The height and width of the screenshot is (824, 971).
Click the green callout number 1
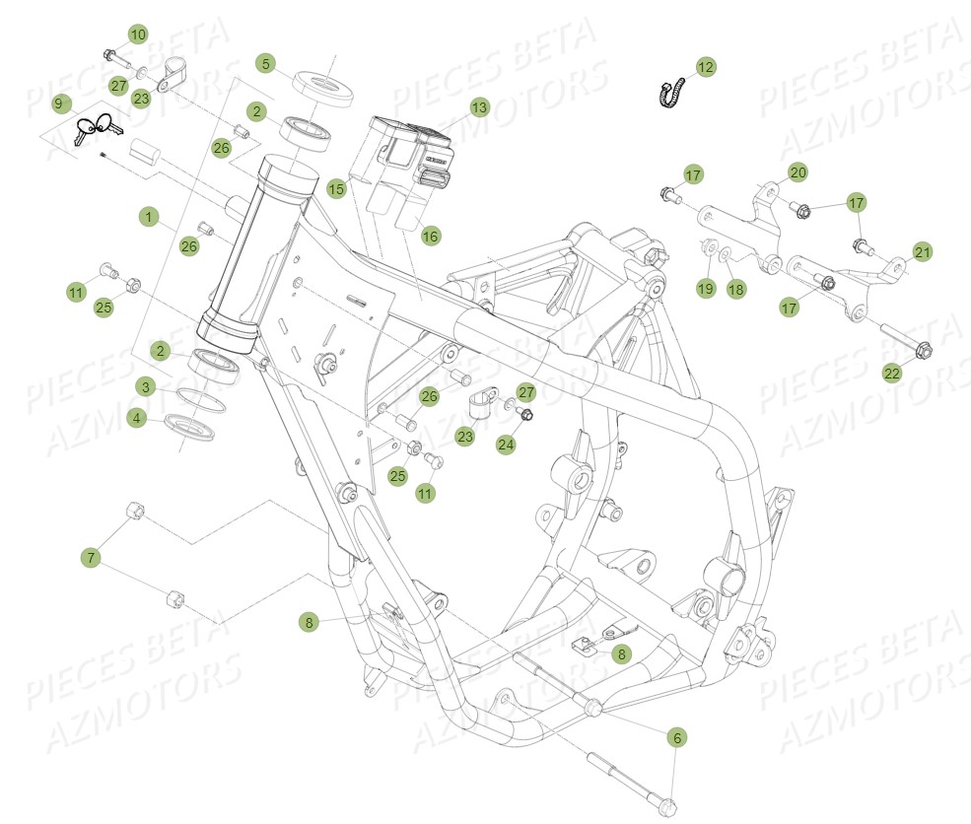point(149,216)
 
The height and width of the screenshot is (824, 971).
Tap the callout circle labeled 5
point(264,63)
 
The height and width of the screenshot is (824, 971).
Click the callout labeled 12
point(705,67)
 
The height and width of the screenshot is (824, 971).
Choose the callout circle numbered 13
point(478,106)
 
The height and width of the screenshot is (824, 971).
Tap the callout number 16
point(430,236)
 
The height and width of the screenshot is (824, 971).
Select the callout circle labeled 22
point(891,373)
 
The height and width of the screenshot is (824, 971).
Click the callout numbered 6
point(675,736)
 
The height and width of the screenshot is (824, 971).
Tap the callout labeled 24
point(506,445)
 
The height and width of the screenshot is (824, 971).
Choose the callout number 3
point(145,386)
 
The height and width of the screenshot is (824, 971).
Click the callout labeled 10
point(137,34)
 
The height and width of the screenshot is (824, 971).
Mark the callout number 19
point(706,288)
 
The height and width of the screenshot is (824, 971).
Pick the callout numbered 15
point(336,187)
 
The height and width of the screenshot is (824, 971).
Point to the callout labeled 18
point(736,289)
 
